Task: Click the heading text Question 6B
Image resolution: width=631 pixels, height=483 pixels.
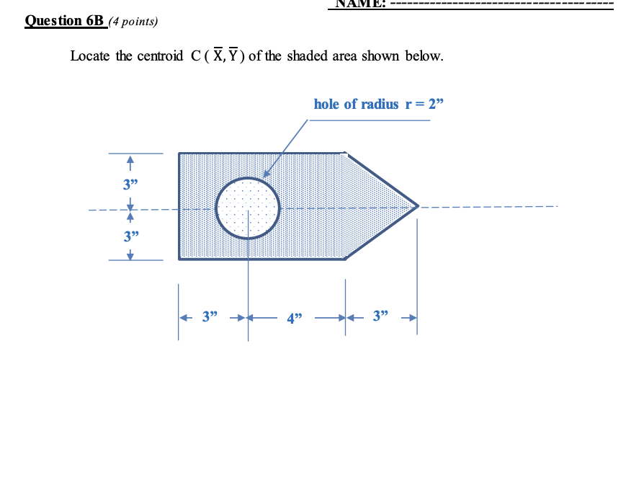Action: pos(65,20)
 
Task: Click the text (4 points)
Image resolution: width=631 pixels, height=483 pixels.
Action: pos(133,22)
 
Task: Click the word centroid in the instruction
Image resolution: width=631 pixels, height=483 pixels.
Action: pos(161,56)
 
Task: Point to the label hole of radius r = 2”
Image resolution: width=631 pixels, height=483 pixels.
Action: pos(379,104)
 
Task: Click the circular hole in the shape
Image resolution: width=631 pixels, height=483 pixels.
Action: pos(247,208)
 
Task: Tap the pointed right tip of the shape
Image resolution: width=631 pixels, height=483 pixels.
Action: pos(418,205)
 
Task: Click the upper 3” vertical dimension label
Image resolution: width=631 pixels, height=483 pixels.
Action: pos(130,182)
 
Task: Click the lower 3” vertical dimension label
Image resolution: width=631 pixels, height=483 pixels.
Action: pos(130,236)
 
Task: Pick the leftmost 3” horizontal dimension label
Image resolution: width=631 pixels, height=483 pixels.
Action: pos(210,316)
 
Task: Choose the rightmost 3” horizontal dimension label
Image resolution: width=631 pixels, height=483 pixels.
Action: pos(382,316)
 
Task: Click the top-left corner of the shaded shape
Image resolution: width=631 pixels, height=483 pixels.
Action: pos(179,154)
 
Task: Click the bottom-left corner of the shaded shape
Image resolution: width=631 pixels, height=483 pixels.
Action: pos(179,258)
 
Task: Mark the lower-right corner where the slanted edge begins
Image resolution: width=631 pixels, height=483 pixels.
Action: pos(345,258)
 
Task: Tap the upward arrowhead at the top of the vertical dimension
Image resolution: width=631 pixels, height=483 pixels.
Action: pos(130,159)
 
